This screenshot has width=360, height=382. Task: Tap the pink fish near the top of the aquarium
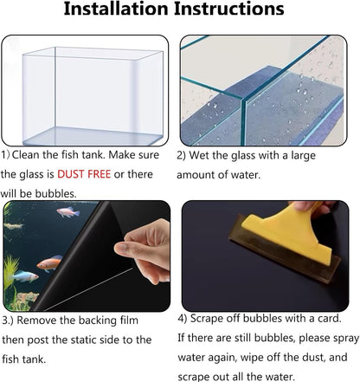(67, 212)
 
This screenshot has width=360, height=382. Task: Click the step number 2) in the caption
(183, 156)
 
